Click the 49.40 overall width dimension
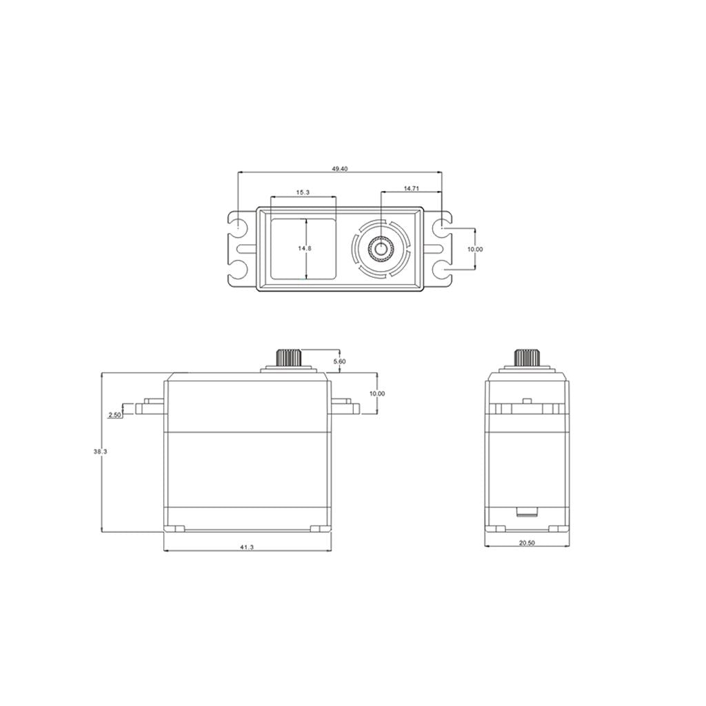339,168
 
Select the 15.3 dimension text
303,193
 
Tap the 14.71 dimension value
411,188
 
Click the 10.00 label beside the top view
474,249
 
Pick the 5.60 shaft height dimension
339,361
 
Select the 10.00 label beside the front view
377,393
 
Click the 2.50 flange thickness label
114,415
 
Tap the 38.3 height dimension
100,452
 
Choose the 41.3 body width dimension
247,547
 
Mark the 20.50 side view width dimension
526,543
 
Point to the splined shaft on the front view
289,358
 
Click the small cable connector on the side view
527,512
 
